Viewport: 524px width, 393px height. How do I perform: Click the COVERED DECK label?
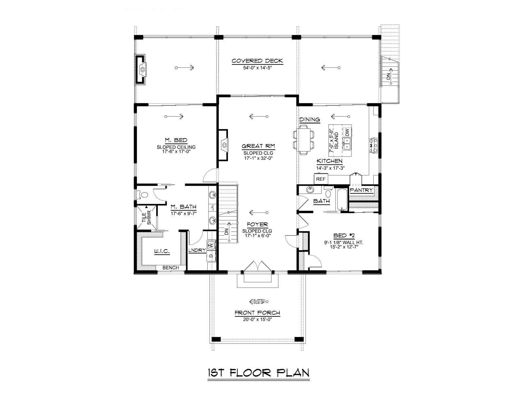pyautogui.click(x=257, y=61)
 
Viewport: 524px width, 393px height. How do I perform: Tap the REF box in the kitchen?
pyautogui.click(x=321, y=179)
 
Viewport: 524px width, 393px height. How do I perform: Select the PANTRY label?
pyautogui.click(x=361, y=190)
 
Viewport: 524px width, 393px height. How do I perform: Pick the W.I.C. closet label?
pyautogui.click(x=161, y=251)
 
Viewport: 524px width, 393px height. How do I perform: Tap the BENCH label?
pyautogui.click(x=170, y=268)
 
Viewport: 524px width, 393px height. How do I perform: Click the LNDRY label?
pyautogui.click(x=197, y=250)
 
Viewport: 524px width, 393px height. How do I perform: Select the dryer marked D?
pyautogui.click(x=211, y=256)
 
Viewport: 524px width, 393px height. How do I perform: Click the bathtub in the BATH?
pyautogui.click(x=341, y=200)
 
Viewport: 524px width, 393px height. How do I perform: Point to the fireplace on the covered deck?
pyautogui.click(x=140, y=69)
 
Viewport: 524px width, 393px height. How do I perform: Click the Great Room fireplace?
pyautogui.click(x=223, y=145)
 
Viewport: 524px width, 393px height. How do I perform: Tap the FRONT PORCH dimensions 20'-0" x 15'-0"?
pyautogui.click(x=258, y=319)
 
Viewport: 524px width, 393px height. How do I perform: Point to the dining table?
pyautogui.click(x=304, y=140)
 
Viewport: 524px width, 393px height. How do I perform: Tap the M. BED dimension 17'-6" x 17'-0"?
pyautogui.click(x=176, y=151)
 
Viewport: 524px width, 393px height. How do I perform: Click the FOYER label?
pyautogui.click(x=257, y=224)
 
